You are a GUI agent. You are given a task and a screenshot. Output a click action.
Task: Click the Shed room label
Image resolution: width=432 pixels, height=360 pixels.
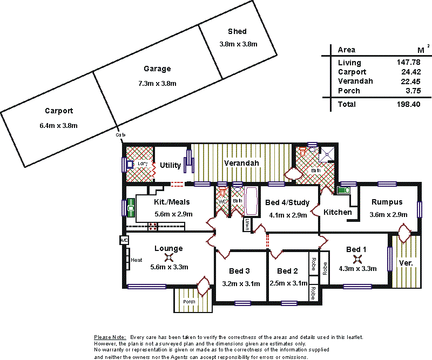click(x=237, y=32)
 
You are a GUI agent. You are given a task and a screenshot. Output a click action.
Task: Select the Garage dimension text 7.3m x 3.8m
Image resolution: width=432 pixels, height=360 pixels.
click(x=157, y=83)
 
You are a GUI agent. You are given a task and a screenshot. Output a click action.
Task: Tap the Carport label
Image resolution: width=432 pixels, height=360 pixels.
click(x=59, y=111)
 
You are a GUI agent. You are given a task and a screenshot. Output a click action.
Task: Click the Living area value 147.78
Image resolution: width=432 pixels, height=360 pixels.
click(x=408, y=63)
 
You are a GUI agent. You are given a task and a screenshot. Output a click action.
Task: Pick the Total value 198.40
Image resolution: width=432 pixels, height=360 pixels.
click(x=408, y=104)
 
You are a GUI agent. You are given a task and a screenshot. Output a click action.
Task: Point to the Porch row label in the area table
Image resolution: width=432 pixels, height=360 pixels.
click(x=349, y=91)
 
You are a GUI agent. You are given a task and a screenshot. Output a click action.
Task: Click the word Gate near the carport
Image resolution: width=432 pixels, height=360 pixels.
click(x=120, y=135)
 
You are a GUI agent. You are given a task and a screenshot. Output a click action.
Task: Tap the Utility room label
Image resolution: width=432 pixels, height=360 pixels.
click(x=170, y=165)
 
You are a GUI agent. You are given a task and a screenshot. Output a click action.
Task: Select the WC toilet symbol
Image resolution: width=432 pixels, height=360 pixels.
click(x=222, y=193)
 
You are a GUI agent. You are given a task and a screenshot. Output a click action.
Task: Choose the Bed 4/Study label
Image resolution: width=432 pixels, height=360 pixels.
click(x=287, y=202)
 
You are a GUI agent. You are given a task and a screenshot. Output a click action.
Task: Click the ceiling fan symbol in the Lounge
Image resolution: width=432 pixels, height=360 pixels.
click(x=169, y=258)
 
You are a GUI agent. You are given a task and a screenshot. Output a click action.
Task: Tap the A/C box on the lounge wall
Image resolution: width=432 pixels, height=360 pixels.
click(x=124, y=240)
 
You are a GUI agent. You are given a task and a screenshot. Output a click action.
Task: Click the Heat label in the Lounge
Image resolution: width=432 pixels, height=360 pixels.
click(x=137, y=260)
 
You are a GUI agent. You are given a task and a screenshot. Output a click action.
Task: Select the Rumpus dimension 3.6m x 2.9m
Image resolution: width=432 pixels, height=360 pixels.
click(x=387, y=214)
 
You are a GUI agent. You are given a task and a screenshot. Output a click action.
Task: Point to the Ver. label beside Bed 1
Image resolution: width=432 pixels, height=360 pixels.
click(x=406, y=263)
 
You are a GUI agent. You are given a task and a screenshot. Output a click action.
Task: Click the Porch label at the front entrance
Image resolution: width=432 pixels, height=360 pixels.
click(x=188, y=301)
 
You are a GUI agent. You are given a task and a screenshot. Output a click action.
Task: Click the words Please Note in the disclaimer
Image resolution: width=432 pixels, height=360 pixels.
click(x=110, y=337)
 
